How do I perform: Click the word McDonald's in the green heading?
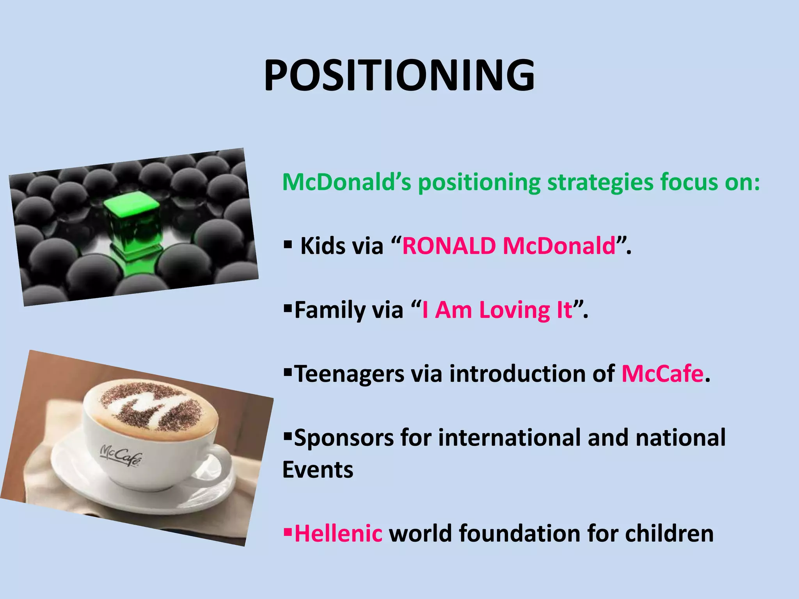(x=346, y=182)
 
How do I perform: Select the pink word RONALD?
(x=449, y=246)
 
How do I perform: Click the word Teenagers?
(x=349, y=374)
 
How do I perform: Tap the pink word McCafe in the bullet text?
(x=662, y=374)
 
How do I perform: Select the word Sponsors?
(x=344, y=438)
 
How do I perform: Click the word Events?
(x=318, y=470)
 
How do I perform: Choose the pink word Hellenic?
(x=338, y=533)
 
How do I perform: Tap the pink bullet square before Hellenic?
(x=288, y=532)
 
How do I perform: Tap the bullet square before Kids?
(x=288, y=245)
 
